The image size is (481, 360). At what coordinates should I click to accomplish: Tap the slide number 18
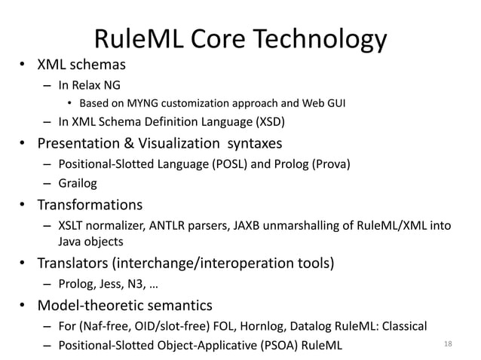point(449,344)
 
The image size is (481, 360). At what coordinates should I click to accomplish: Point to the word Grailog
point(78,182)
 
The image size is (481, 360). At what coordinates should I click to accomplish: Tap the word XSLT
point(72,225)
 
